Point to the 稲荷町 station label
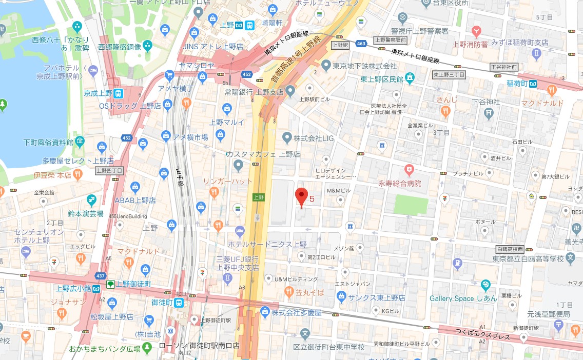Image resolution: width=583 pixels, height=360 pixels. coord(517,83)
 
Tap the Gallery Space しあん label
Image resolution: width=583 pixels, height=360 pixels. coord(463,298)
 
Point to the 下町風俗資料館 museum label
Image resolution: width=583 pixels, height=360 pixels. coord(48,142)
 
